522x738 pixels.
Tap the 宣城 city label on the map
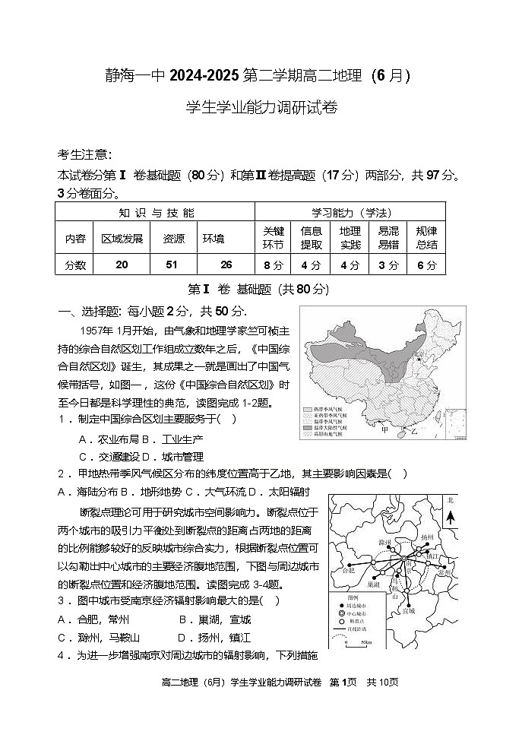(409, 610)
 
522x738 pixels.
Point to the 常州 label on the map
(445, 572)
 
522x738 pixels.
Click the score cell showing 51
(172, 264)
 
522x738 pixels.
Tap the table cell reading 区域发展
(122, 238)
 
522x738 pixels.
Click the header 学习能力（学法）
(350, 212)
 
